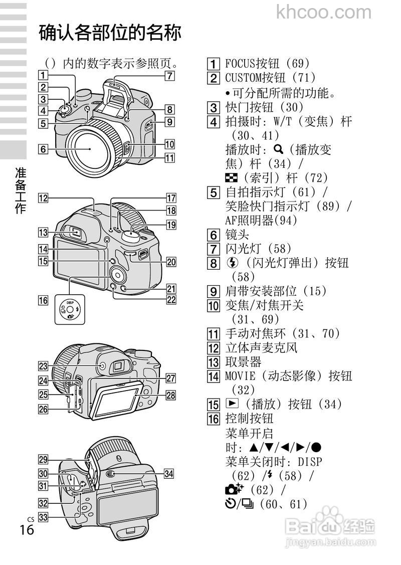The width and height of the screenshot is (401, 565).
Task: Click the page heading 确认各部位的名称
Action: [x=110, y=34]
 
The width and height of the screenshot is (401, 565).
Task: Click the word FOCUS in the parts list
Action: [x=240, y=64]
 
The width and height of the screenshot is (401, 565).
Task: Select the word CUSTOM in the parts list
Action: [x=243, y=78]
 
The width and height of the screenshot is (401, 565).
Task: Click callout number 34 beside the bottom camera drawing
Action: [x=169, y=474]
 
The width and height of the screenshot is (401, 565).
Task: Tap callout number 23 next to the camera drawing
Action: [x=44, y=366]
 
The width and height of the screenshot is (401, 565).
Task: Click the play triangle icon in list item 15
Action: [x=230, y=404]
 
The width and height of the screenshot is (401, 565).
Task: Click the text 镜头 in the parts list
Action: [x=237, y=235]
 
